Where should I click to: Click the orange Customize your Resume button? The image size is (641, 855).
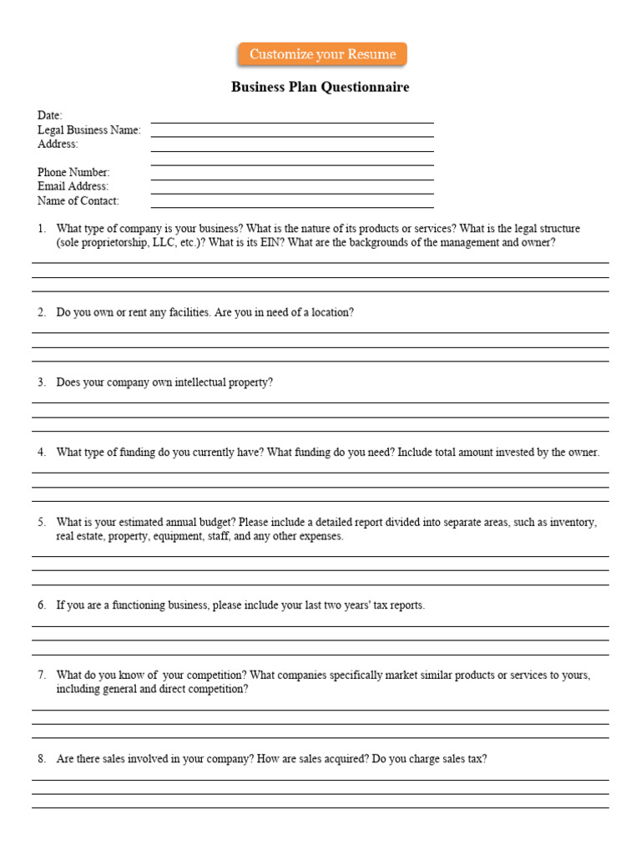pyautogui.click(x=322, y=54)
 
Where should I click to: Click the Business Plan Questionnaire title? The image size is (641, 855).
pyautogui.click(x=320, y=88)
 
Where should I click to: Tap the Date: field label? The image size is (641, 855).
pyautogui.click(x=49, y=115)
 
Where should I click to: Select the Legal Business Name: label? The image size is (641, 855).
pyautogui.click(x=88, y=129)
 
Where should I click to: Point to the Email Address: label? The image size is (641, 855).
pyautogui.click(x=73, y=186)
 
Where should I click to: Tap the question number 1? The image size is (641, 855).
pyautogui.click(x=41, y=229)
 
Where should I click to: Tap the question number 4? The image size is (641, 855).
pyautogui.click(x=41, y=453)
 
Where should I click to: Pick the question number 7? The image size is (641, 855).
pyautogui.click(x=41, y=675)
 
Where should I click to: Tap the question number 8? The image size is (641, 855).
pyautogui.click(x=41, y=759)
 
